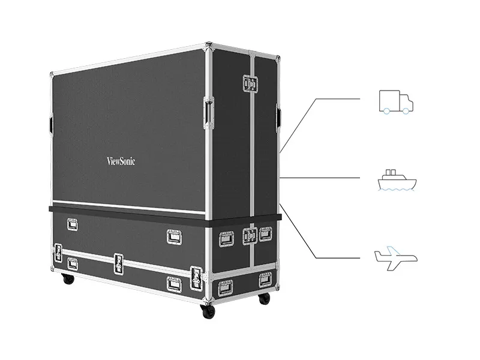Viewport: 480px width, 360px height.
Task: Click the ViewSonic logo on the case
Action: (121, 161)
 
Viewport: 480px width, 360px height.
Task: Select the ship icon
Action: (397, 180)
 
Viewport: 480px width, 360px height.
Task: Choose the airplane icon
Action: (396, 259)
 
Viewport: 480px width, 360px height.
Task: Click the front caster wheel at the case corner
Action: (208, 311)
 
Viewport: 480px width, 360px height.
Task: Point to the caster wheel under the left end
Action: (68, 278)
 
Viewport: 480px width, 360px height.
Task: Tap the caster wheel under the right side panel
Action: (264, 298)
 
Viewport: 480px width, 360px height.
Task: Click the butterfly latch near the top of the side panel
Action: (250, 83)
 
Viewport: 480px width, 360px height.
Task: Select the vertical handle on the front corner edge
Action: (209, 112)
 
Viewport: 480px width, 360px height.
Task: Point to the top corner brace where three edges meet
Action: (208, 45)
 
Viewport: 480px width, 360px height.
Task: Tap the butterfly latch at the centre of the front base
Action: (118, 264)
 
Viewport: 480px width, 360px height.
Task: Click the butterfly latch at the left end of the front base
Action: (58, 253)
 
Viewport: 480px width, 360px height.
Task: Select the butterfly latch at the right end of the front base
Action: (196, 278)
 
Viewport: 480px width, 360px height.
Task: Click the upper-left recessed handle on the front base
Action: (72, 224)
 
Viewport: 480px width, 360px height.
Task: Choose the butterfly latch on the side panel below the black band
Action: (250, 236)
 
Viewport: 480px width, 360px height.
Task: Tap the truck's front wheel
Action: (406, 111)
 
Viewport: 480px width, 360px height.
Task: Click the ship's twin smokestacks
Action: (391, 172)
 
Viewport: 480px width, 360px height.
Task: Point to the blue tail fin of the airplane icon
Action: (393, 250)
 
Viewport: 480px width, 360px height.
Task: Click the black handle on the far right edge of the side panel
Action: (278, 117)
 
